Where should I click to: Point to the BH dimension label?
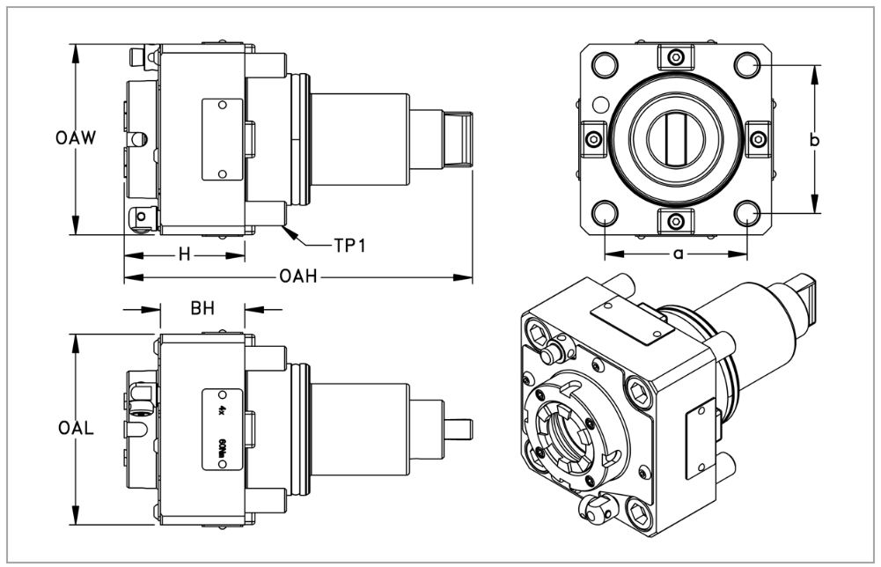(x=203, y=309)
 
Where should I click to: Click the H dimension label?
(x=184, y=255)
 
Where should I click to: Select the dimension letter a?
(x=677, y=254)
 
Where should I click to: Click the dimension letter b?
(x=814, y=139)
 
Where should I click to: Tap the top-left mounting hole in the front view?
(x=605, y=65)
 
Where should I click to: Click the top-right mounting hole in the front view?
(x=747, y=65)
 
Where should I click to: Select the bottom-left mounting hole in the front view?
(x=605, y=212)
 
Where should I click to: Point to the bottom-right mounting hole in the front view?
(x=747, y=212)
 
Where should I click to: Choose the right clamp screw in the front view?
(x=757, y=139)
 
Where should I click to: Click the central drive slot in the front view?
(x=676, y=139)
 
